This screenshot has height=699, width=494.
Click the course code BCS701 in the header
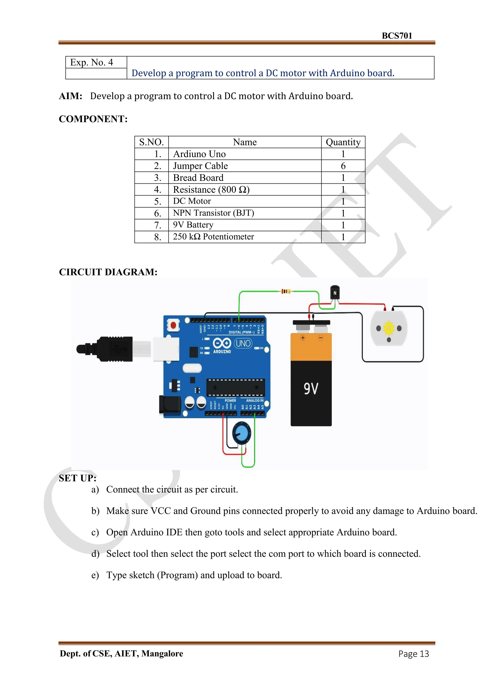click(397, 36)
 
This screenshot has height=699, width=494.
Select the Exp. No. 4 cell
click(92, 63)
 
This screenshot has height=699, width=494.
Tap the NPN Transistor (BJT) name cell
click(213, 213)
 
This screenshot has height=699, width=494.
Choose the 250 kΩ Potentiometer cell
click(213, 237)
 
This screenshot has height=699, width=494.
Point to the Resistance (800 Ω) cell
click(211, 190)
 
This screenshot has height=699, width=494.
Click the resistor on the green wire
click(285, 291)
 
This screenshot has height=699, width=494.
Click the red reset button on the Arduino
click(173, 325)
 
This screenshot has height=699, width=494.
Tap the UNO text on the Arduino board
click(243, 344)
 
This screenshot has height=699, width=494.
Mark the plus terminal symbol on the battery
click(303, 338)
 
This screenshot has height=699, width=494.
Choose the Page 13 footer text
click(413, 654)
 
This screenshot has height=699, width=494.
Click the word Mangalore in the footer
click(162, 654)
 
